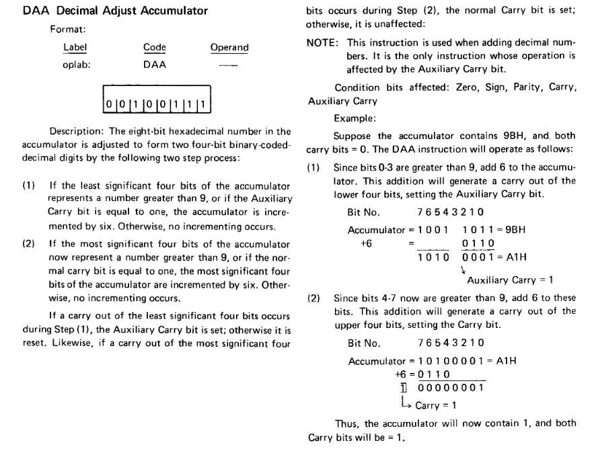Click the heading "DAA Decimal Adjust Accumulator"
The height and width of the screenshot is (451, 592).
coord(115,11)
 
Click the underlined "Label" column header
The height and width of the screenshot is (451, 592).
coord(75,48)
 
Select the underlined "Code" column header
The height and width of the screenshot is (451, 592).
coord(155,48)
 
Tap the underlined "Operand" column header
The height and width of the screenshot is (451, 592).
coord(229,48)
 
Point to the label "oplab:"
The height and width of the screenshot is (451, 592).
coord(76,65)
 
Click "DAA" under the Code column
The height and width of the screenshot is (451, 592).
coord(155,65)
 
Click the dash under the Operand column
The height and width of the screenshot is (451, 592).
coord(229,66)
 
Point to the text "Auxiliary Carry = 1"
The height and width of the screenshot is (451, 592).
coord(509,280)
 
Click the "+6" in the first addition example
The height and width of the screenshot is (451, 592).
coord(367,243)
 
